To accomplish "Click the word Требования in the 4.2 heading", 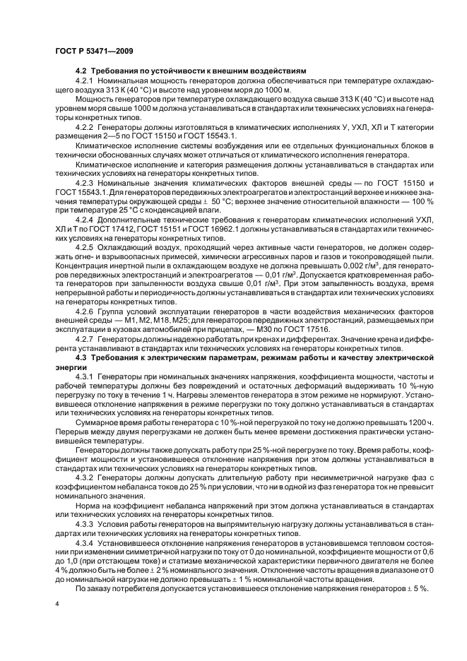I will [x=117, y=71].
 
